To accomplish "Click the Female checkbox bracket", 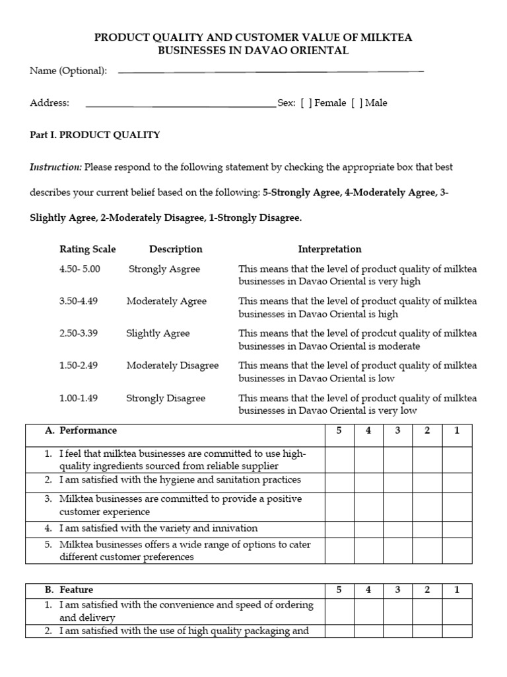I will click(306, 103).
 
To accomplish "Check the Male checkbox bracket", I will click(357, 103).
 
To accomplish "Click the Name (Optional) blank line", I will click(271, 71).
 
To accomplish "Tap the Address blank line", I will click(181, 105).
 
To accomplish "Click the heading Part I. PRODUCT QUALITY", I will click(95, 135).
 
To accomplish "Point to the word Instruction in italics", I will click(56, 167).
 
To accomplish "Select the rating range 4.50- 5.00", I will click(79, 269).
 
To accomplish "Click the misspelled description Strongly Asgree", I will click(164, 269).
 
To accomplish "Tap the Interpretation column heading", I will click(329, 249).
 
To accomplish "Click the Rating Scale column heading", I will click(87, 249).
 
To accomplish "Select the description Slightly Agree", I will click(158, 333).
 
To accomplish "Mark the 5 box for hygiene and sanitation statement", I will click(339, 481).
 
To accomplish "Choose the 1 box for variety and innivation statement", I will click(457, 529).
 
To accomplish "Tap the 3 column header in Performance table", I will click(398, 430).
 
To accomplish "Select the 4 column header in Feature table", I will click(368, 590).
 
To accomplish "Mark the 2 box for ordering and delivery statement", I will click(427, 611).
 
